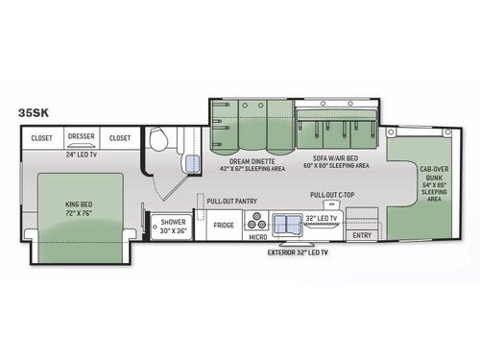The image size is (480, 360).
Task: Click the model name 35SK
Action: [x=34, y=112]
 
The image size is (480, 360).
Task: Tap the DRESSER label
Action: [x=82, y=136]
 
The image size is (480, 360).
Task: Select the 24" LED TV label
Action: [x=82, y=155]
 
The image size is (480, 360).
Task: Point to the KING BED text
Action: [x=79, y=204]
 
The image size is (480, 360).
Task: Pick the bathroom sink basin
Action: [x=192, y=163]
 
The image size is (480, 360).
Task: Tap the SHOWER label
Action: [x=173, y=222]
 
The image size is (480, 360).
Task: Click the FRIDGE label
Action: [x=224, y=226]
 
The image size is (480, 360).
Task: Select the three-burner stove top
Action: [x=257, y=221]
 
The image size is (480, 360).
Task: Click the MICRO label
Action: [x=258, y=237]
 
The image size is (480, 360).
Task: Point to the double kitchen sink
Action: [x=287, y=225]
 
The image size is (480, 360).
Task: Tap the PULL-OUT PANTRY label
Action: [x=232, y=202]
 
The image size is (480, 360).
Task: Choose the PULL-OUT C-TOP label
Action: [x=332, y=195]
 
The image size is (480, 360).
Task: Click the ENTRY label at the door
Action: [x=362, y=235]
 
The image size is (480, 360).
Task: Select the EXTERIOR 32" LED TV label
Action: [x=298, y=252]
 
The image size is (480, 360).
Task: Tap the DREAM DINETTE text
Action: [x=252, y=161]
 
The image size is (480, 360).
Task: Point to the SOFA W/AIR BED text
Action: [x=335, y=158]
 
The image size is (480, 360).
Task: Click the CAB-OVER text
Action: [x=434, y=169]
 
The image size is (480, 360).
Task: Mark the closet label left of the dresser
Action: [x=41, y=138]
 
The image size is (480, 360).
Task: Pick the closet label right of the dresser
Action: [x=120, y=138]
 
